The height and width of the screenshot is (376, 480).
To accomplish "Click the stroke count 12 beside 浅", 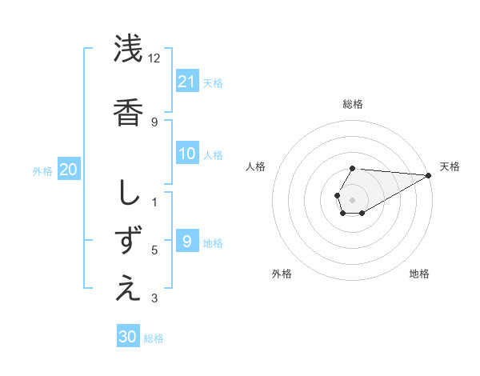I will [154, 58].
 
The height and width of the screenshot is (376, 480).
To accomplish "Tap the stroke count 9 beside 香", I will [154, 122].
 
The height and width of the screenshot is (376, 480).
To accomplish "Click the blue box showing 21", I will [187, 81].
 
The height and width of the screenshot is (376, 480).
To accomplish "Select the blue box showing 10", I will [187, 154].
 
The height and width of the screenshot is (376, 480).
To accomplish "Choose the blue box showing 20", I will [68, 170].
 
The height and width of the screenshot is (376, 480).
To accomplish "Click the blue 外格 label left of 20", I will [42, 170].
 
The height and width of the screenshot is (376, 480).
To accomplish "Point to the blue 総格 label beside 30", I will [154, 338].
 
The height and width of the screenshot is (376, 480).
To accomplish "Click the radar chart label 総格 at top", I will [352, 104].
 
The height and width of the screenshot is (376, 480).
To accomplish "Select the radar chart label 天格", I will [450, 166].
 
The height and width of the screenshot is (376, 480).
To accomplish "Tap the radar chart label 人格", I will [255, 166].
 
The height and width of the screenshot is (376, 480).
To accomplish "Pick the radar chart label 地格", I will [419, 274].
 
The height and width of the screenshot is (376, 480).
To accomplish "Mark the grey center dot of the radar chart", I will [352, 198].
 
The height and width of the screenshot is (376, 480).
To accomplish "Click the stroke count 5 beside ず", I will [154, 250].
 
